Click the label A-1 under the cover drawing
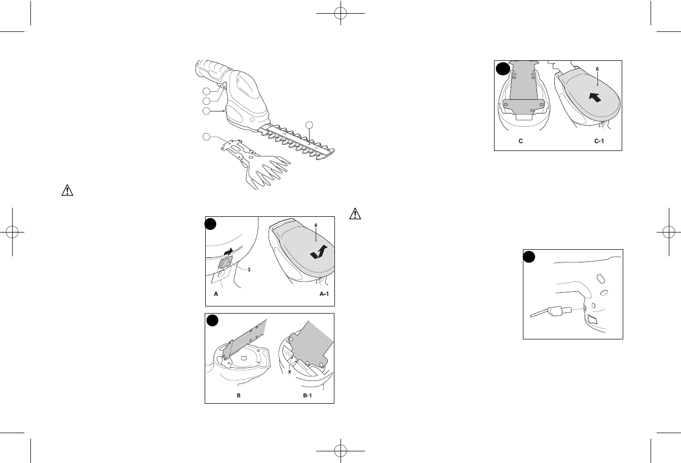click(324, 294)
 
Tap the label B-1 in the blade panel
click(308, 396)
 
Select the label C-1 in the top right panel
click(599, 141)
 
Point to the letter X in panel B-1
click(289, 372)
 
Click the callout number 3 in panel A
click(249, 269)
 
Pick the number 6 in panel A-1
click(316, 225)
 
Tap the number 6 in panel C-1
click(597, 69)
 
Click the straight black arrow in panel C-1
click(595, 98)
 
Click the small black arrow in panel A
click(229, 252)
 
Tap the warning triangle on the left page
click(67, 190)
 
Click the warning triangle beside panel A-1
click(355, 214)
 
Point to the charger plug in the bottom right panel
click(550, 312)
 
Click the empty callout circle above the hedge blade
click(309, 125)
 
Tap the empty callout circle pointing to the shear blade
click(206, 137)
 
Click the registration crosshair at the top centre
click(340, 13)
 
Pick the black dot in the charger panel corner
click(529, 257)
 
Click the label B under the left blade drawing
click(239, 396)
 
